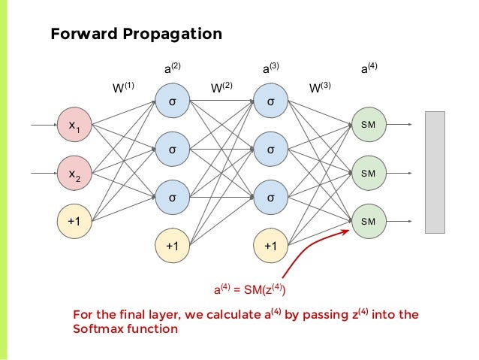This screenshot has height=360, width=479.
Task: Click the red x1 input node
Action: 75,126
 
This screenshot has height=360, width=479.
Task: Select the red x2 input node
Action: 75,174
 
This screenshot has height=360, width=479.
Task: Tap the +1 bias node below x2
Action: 75,221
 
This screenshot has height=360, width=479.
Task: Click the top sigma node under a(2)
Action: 173,102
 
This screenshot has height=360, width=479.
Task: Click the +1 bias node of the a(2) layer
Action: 173,246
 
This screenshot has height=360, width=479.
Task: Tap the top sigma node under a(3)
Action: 271,102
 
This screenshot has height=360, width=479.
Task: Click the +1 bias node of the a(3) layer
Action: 271,246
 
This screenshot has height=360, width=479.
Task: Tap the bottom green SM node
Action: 368,221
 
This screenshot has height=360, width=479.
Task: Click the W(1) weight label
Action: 123,88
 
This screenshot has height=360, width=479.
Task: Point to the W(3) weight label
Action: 321,88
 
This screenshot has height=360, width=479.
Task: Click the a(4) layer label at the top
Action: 368,68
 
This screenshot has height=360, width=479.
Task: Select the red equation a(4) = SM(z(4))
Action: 251,289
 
